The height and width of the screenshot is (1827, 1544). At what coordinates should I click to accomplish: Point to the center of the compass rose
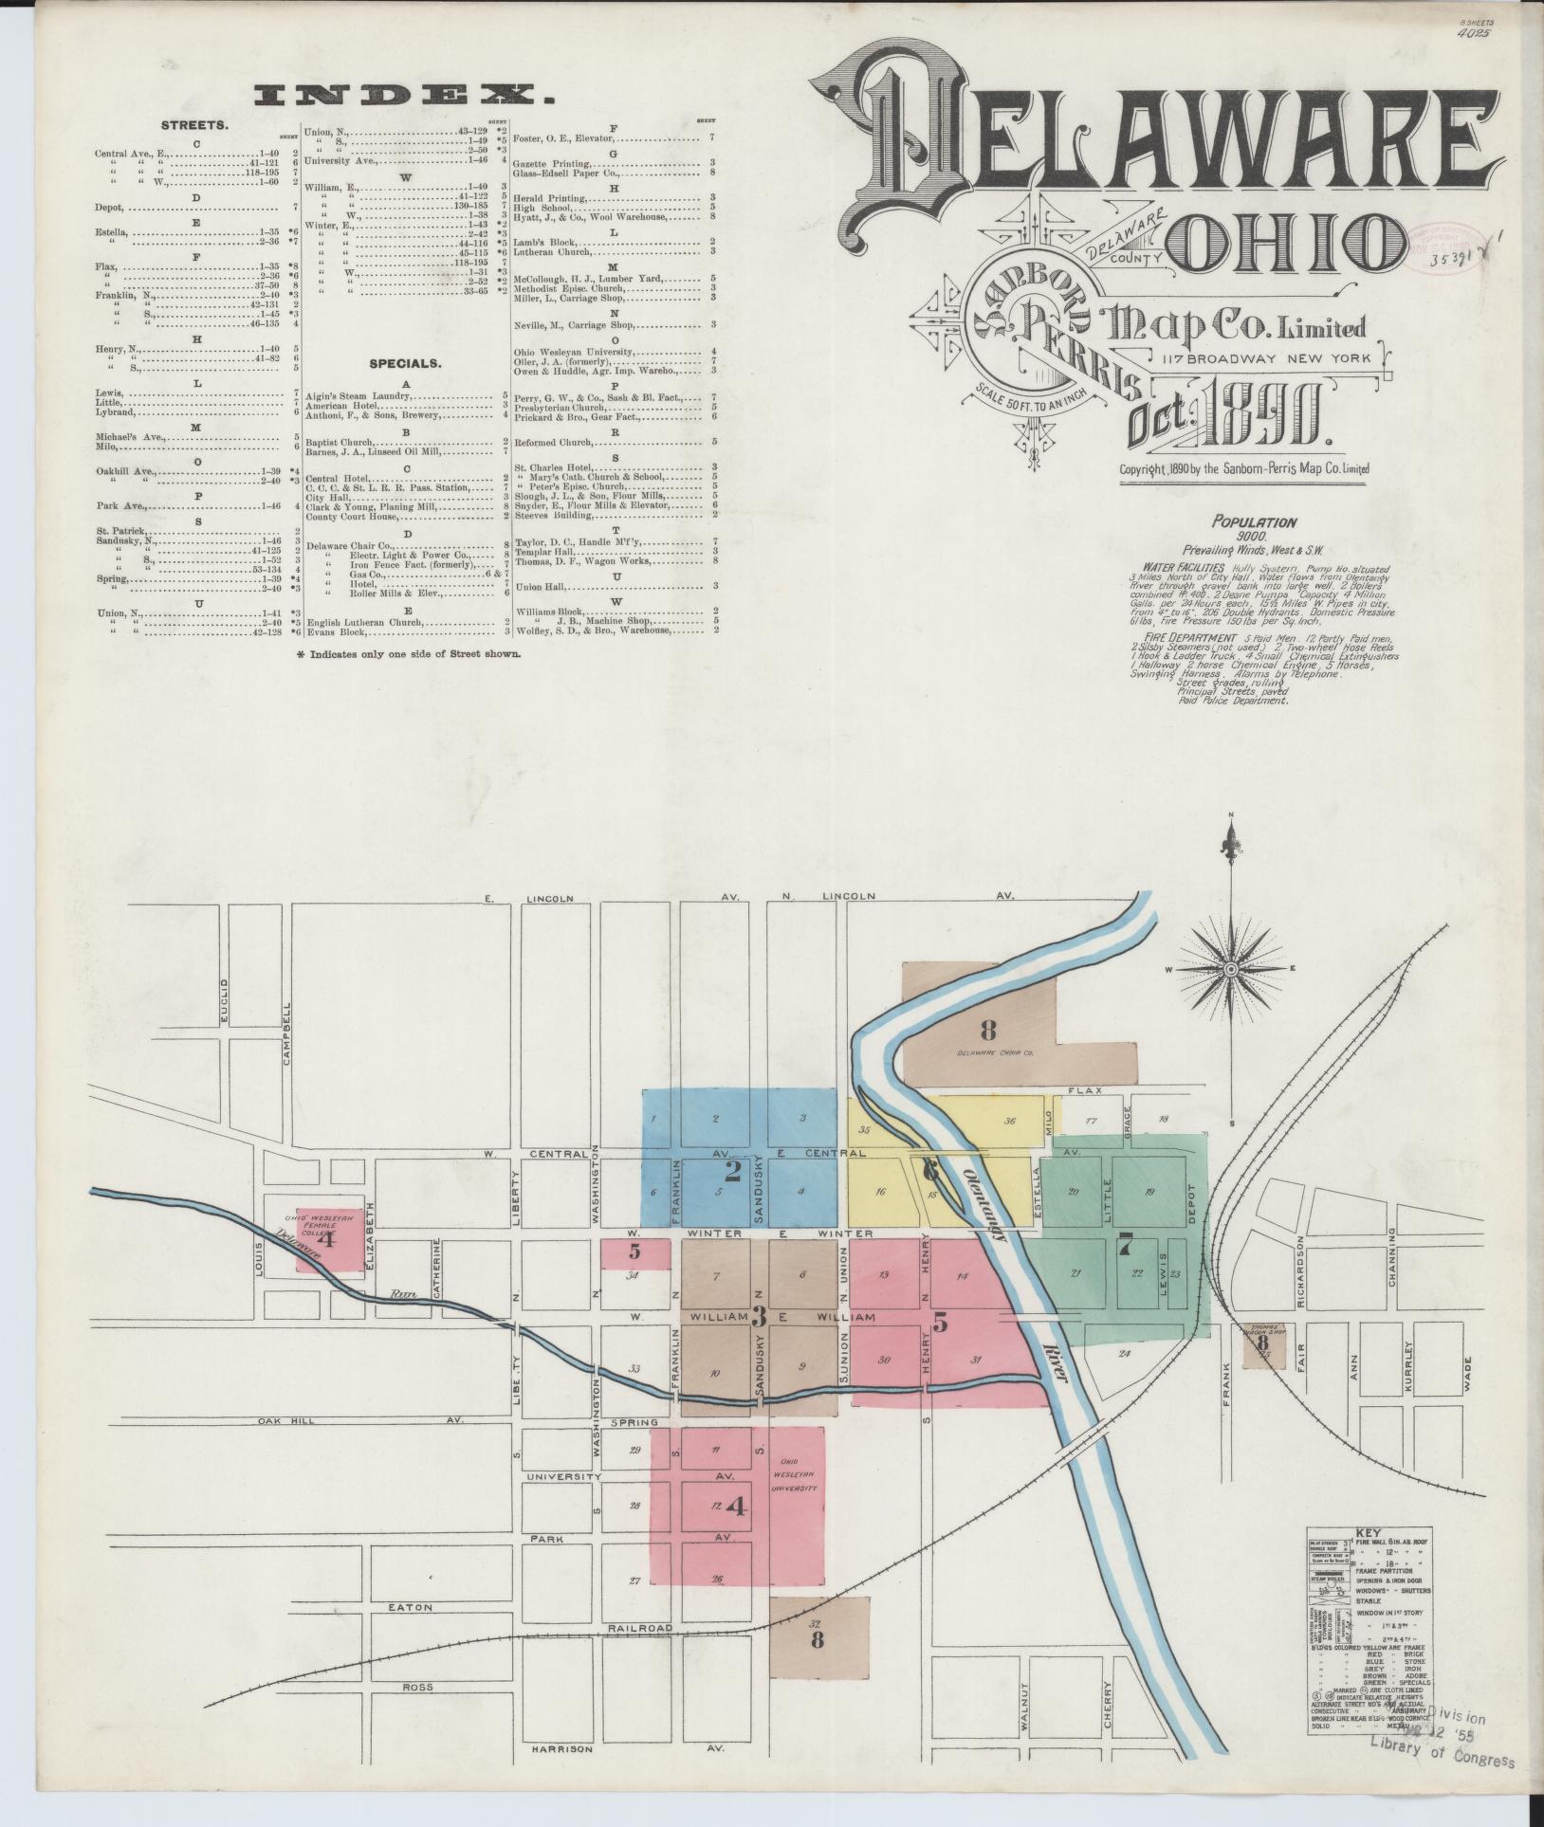(x=1230, y=969)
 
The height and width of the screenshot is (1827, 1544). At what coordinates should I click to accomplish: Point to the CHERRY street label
(x=1105, y=1703)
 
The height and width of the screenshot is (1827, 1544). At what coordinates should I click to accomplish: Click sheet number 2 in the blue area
(x=732, y=1170)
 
